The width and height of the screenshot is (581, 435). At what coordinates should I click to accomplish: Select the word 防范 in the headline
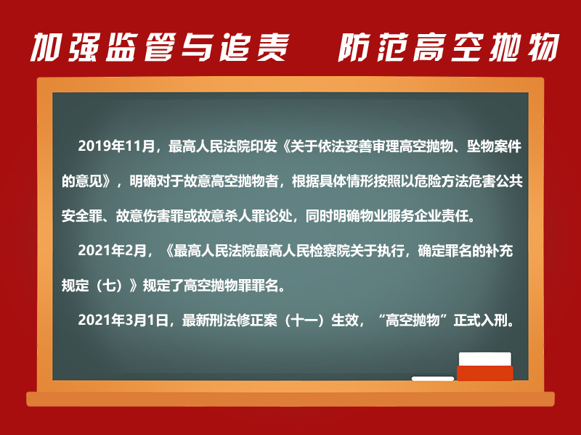[x=373, y=47]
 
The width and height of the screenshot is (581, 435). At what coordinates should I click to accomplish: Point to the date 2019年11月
[x=116, y=146]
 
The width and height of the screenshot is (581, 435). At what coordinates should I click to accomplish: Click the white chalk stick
[x=433, y=378]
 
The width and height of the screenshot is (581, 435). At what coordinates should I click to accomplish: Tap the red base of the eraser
[x=485, y=373]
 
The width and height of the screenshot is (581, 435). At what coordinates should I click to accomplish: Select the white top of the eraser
[x=485, y=359]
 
